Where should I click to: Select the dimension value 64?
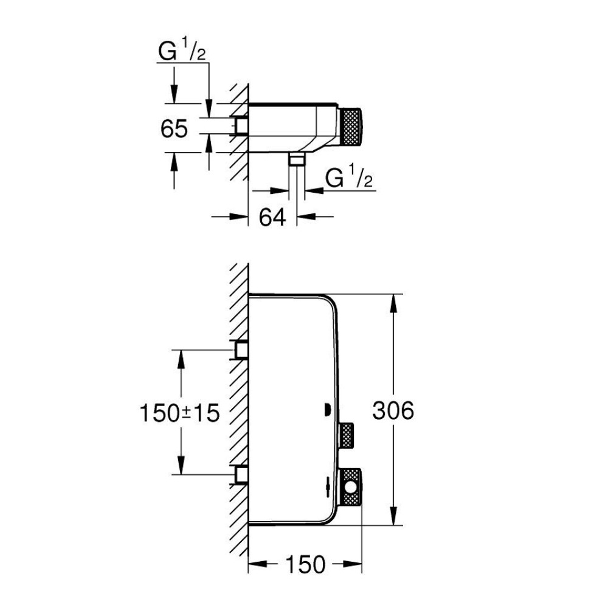272,216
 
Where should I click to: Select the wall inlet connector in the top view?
241,125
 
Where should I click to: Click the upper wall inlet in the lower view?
241,350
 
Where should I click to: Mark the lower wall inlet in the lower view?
241,474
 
